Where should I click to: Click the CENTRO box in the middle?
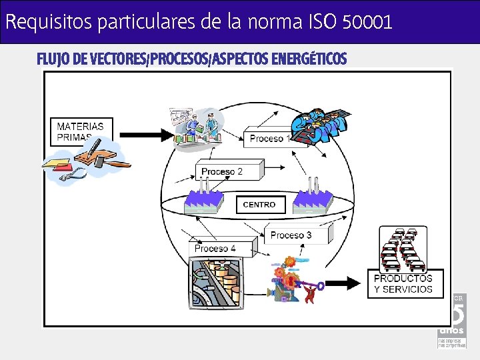[x=260, y=205]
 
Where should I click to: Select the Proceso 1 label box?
[x=269, y=138]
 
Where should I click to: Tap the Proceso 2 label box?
[x=222, y=172]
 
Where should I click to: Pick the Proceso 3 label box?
[x=291, y=235]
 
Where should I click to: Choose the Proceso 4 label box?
[x=215, y=249]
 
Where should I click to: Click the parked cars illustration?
[x=402, y=249]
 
